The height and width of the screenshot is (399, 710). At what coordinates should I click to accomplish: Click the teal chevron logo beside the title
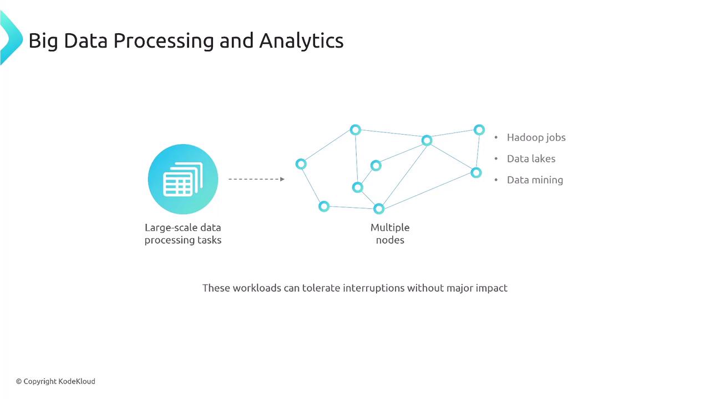click(x=11, y=38)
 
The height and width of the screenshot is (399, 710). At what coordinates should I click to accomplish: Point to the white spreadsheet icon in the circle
click(x=183, y=179)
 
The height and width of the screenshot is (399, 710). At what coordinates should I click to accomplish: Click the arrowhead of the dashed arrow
click(x=282, y=179)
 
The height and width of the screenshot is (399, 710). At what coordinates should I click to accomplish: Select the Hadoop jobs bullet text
click(x=536, y=138)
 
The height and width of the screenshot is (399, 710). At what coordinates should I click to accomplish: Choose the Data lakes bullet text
click(x=531, y=158)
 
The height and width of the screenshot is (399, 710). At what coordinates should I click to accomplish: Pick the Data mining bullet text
click(x=535, y=180)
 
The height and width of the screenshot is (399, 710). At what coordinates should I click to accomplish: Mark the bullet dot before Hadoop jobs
click(x=496, y=137)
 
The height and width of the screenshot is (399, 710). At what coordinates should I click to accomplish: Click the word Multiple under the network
click(x=390, y=228)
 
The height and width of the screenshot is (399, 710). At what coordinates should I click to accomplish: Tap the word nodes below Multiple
click(x=390, y=240)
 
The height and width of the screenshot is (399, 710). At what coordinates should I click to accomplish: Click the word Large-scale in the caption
click(x=167, y=228)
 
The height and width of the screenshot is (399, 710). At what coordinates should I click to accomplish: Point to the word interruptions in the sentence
click(x=374, y=288)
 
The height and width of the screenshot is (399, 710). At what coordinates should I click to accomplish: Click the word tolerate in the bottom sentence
click(x=321, y=288)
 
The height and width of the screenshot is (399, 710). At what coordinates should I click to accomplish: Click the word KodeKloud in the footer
click(x=77, y=382)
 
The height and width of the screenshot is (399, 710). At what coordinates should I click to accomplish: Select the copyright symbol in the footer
click(x=19, y=382)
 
